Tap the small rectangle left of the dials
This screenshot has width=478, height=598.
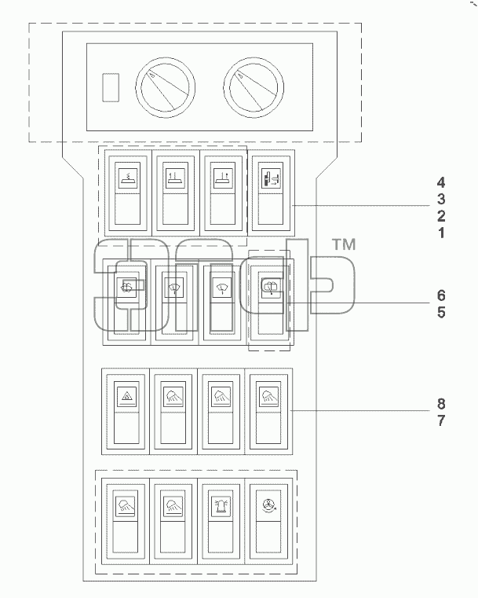[111, 87]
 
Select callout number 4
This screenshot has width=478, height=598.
[441, 182]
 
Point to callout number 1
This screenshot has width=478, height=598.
[441, 233]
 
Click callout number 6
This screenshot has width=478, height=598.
[441, 295]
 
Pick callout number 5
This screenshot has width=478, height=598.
[441, 312]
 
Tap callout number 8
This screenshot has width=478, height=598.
[441, 403]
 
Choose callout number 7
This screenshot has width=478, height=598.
[441, 420]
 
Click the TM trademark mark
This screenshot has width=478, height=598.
[345, 244]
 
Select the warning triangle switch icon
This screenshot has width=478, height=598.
[126, 397]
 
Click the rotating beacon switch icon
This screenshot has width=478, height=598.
[221, 507]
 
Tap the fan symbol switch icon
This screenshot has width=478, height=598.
[268, 506]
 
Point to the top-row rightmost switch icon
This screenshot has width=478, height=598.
[271, 178]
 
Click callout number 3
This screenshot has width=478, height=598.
[441, 199]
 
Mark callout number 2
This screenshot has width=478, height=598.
[441, 216]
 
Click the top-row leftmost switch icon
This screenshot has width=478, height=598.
[127, 178]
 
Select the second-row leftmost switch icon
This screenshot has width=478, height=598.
[127, 288]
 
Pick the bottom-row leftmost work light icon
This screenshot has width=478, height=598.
[126, 507]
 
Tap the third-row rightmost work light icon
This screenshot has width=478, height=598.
[268, 397]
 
